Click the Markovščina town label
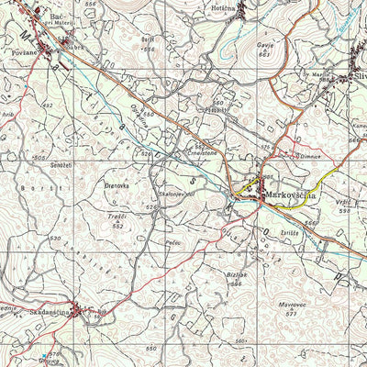(292, 195)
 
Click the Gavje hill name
(266, 47)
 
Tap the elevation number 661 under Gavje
(265, 55)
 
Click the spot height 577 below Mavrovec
(293, 314)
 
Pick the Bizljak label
(237, 274)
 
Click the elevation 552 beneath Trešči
(117, 225)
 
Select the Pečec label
(172, 243)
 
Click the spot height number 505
(39, 157)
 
